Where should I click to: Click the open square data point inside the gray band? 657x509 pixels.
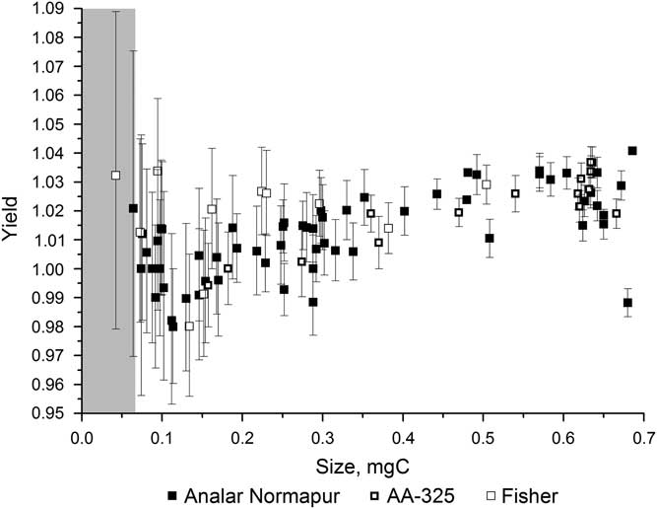tap(115, 175)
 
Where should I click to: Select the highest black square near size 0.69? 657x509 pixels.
tap(632, 151)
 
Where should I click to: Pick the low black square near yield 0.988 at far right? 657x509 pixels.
tap(627, 302)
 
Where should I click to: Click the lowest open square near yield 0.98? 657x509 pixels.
tap(189, 326)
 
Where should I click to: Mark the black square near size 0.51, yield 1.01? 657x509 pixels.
tap(490, 238)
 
